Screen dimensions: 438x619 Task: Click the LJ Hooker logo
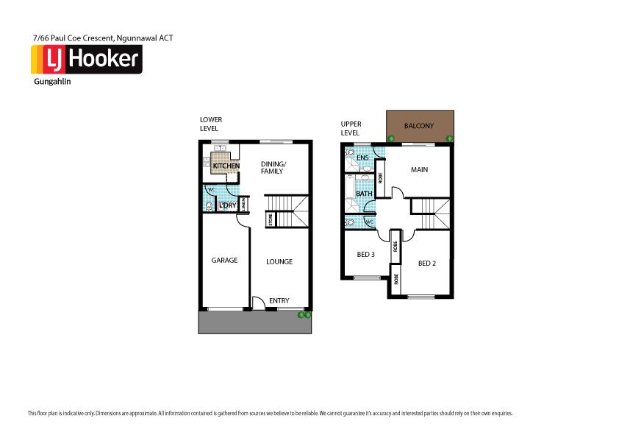coord(85,60)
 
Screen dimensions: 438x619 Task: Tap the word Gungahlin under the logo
coord(52,82)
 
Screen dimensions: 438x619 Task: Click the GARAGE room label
coord(224,261)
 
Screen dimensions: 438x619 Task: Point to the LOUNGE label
coord(279,261)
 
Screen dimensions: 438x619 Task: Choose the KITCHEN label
coord(226,166)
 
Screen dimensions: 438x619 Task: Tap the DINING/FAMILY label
coord(273,167)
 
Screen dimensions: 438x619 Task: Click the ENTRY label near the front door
coord(279,300)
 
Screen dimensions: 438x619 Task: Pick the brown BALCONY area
coord(420,126)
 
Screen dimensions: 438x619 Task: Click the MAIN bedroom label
coord(419,170)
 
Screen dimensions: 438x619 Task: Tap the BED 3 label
coord(366,255)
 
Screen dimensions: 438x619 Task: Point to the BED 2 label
coord(427,263)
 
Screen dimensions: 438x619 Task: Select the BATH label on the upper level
coord(365,194)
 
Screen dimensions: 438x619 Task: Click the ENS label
coord(362,158)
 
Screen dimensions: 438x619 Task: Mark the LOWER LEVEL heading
coord(210,124)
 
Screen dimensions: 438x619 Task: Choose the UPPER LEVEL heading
coord(351,129)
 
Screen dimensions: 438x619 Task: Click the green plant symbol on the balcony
coord(391,138)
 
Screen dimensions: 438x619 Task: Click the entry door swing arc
coord(258,303)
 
